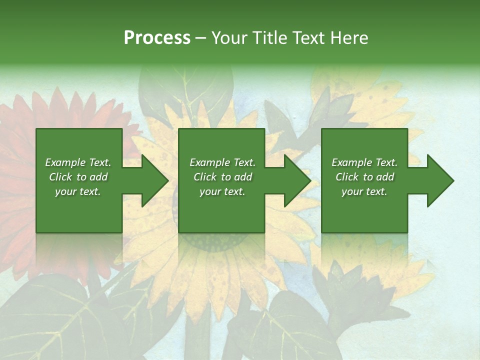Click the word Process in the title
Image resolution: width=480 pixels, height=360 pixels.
coord(157,38)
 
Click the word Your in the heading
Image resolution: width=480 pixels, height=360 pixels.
coord(230,38)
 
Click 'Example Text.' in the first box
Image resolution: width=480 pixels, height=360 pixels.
coord(78,162)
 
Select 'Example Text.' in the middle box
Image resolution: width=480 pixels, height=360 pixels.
coord(222,162)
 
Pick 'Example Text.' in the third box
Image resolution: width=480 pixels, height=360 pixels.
coord(364,162)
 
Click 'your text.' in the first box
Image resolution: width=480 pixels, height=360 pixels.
coord(78,191)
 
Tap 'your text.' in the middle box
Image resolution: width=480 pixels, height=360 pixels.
coord(222,191)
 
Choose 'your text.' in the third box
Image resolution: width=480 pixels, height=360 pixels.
coord(364,191)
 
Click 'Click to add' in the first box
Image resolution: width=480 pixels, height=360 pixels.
coord(78,177)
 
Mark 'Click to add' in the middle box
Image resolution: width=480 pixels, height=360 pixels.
coord(222,177)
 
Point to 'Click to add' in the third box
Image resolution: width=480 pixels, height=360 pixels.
coord(364,177)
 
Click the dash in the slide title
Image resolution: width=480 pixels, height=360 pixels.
coord(200,38)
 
